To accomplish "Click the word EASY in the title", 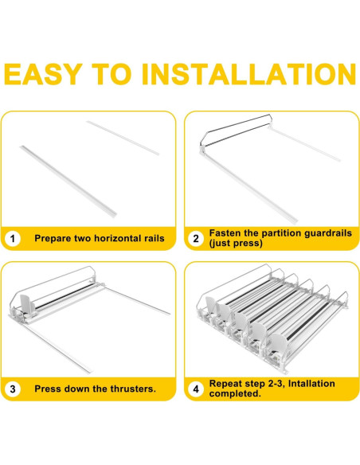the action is click(43, 74).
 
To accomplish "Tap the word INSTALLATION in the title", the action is click(248, 74).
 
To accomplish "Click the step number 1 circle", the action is click(13, 239).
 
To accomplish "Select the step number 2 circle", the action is click(196, 238).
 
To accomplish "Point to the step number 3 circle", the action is click(13, 389).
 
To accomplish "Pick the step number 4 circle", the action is click(196, 389).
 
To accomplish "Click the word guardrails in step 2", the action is click(328, 233).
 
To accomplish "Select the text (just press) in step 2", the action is click(236, 243).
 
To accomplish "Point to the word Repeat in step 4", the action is click(225, 384).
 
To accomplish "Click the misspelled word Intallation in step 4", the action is click(311, 384).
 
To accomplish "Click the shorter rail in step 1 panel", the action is click(123, 138).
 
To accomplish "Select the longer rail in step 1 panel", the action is click(68, 182).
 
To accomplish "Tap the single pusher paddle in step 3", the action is click(27, 305).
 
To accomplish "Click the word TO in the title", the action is click(112, 74).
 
